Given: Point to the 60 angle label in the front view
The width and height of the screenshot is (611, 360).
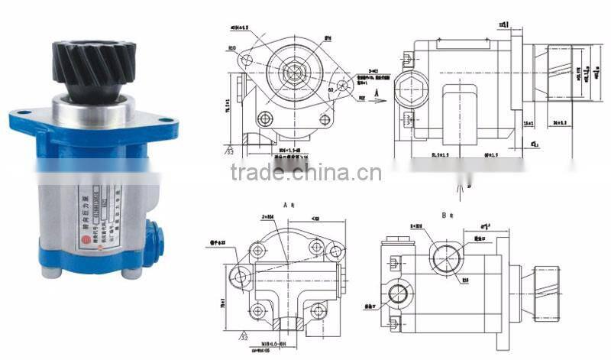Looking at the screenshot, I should (x=331, y=89).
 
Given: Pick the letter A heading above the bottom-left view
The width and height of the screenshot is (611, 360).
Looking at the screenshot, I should (x=285, y=206).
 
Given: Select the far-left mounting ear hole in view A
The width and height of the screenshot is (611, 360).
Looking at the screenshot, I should (x=241, y=276).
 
